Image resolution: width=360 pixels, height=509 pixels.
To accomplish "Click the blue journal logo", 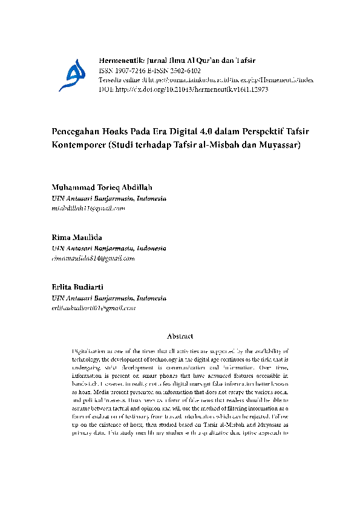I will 70,74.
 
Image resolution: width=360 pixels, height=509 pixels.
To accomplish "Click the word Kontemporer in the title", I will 78,146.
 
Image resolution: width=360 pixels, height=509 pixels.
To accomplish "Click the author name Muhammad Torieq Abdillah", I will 102,187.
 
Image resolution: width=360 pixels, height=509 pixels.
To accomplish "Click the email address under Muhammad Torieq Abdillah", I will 88,208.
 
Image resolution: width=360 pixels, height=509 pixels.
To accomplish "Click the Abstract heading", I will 180,336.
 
